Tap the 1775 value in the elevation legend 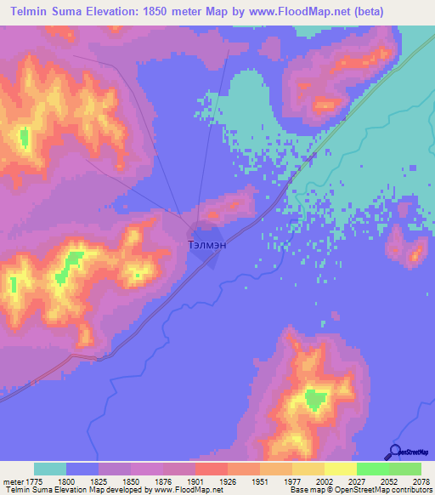34,482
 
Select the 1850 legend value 131,482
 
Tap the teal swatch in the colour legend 50,469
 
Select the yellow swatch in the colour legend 341,469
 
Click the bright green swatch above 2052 372,469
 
